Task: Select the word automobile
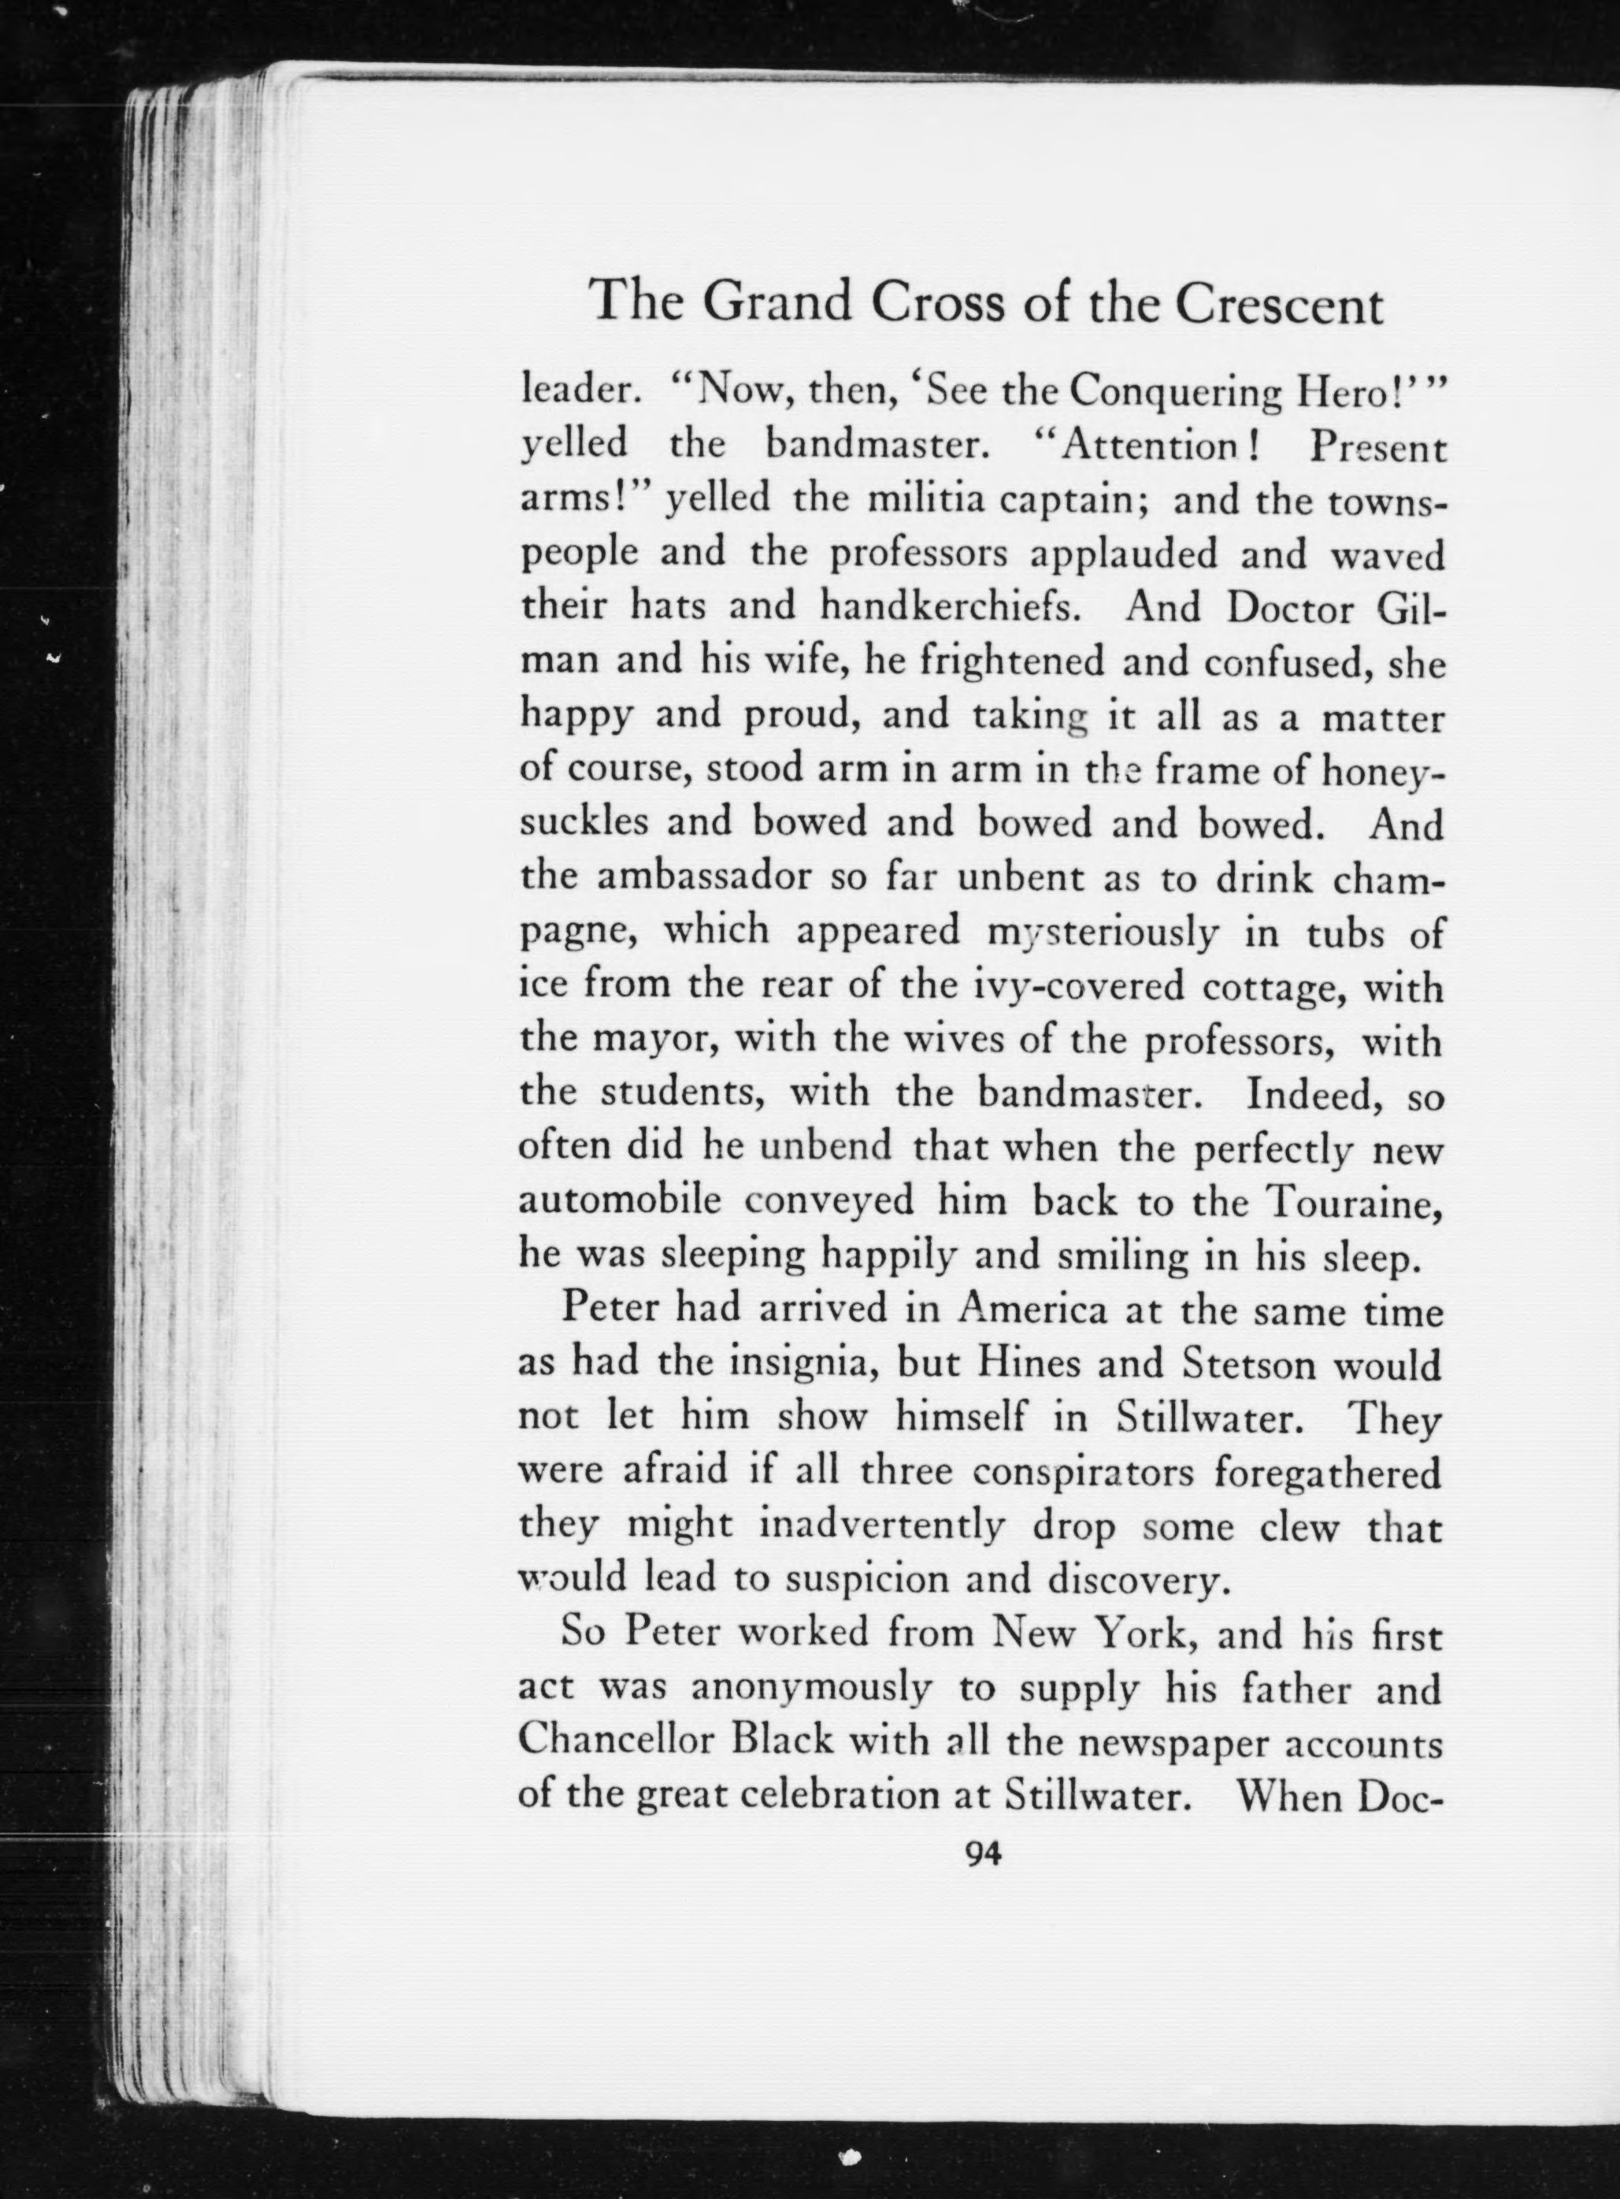click(x=620, y=1200)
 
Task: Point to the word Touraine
click(x=1353, y=1200)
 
